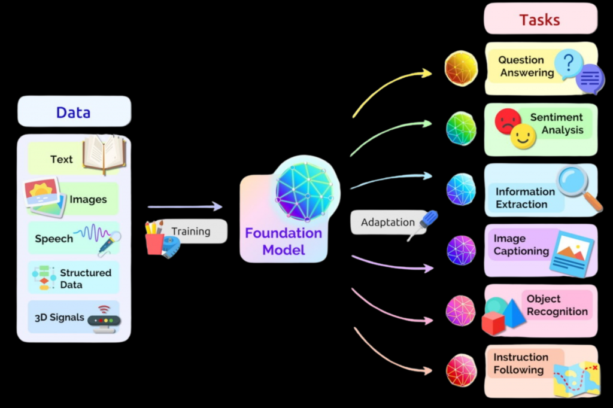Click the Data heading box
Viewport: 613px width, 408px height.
(x=74, y=112)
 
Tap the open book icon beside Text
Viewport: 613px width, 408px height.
(x=104, y=154)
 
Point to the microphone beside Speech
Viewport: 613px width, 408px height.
(x=110, y=242)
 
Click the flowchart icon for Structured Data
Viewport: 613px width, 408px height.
(x=43, y=278)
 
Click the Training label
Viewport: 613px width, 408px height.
(x=191, y=231)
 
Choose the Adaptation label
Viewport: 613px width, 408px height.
(x=387, y=222)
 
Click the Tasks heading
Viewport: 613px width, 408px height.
(x=539, y=20)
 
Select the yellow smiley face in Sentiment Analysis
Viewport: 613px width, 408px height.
(x=523, y=136)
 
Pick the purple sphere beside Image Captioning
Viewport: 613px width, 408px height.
(x=461, y=250)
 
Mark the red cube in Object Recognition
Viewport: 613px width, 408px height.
(x=493, y=324)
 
